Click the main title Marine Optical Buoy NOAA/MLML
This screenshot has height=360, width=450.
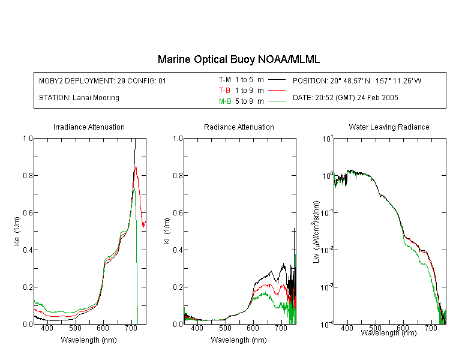[x=238, y=59]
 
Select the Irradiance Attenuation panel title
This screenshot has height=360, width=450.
[x=89, y=127]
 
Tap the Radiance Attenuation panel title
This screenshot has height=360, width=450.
[x=239, y=127]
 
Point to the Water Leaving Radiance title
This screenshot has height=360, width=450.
[x=389, y=127]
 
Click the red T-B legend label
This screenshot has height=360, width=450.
[x=224, y=91]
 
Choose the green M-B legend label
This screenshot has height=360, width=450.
[x=225, y=101]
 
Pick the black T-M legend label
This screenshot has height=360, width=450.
[x=225, y=80]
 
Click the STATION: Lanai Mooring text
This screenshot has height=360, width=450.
[x=79, y=98]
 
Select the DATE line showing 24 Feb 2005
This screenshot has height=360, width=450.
[x=345, y=98]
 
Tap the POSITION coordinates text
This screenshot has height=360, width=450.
[x=357, y=80]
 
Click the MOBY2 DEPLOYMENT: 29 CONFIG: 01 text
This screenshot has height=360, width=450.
[x=103, y=80]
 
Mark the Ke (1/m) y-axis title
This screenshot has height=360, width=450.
[x=17, y=231]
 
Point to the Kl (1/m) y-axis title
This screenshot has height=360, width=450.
[x=167, y=231]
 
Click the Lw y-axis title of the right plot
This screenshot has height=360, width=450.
[x=316, y=232]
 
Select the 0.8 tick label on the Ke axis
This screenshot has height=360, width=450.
[x=28, y=175]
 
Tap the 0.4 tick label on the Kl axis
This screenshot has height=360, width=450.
[x=178, y=250]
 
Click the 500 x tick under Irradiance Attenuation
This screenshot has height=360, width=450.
[x=75, y=328]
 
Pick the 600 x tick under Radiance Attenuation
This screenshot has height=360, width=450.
[x=253, y=328]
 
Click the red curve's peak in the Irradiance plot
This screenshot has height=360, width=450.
[x=136, y=166]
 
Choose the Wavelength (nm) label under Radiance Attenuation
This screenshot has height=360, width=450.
[x=239, y=340]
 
